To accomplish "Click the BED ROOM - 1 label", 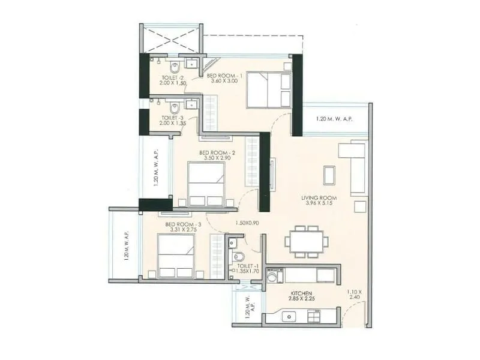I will (224, 76).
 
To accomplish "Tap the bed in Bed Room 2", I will (206, 184).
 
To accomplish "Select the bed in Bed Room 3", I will (176, 256).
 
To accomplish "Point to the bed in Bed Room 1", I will (268, 90).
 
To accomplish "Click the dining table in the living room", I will (306, 241).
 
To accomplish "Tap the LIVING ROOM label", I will (319, 198).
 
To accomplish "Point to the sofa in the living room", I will (354, 168).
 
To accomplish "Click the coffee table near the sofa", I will (330, 175).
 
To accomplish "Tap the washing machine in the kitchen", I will (274, 276).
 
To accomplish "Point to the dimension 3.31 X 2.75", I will (182, 230).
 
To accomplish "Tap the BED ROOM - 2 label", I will (217, 153).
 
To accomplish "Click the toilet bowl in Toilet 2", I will (174, 67).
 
